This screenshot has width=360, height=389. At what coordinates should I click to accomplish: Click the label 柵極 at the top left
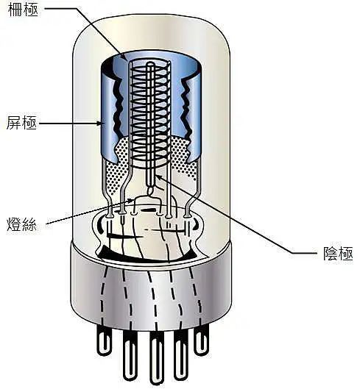(x=23, y=10)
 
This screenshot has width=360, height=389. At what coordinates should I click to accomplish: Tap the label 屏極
(x=21, y=123)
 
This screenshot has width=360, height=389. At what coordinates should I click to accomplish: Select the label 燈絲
(x=21, y=224)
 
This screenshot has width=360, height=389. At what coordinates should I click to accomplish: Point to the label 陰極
(x=338, y=253)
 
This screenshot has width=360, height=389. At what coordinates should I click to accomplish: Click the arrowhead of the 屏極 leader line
(x=99, y=123)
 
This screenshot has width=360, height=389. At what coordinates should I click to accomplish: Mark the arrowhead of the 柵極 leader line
(x=125, y=58)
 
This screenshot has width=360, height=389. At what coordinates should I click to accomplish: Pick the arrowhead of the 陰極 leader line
(x=158, y=177)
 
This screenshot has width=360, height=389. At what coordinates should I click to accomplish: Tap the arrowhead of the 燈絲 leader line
(x=131, y=200)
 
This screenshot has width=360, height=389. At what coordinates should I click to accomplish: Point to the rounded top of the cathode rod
(x=150, y=65)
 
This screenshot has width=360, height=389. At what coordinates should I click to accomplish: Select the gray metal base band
(x=152, y=293)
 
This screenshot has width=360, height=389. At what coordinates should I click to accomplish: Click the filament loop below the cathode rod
(x=151, y=191)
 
